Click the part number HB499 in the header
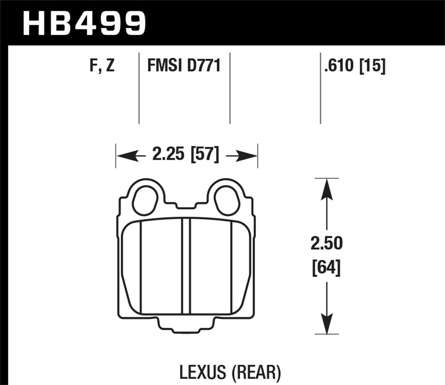tap(84, 23)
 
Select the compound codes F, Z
tap(102, 66)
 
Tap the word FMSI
tap(164, 66)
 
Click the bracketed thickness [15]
tap(372, 66)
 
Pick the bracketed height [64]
tap(326, 268)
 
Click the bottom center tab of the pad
tap(186, 326)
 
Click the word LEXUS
tap(203, 372)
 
